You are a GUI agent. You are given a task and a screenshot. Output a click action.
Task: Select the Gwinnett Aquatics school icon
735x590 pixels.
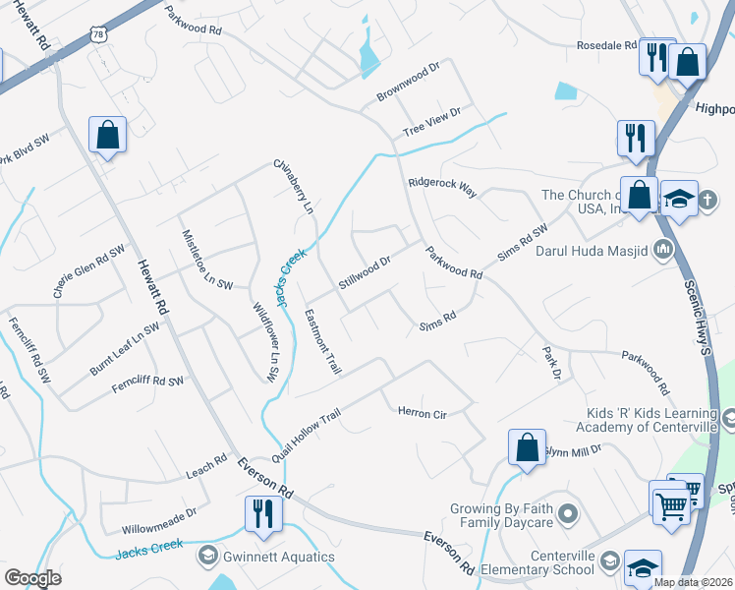tap(207, 558)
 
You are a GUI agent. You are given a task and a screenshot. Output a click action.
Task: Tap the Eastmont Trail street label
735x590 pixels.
tap(322, 342)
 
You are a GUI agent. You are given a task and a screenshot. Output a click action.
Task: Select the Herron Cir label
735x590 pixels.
tap(422, 414)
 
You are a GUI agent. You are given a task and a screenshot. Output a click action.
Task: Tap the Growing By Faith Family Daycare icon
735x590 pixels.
tap(567, 514)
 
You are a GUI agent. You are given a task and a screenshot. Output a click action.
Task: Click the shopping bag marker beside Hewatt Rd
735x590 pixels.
tap(107, 135)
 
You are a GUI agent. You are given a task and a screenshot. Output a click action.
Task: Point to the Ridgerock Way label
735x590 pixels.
tap(442, 187)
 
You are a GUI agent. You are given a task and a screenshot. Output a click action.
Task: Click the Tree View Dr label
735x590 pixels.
tap(431, 123)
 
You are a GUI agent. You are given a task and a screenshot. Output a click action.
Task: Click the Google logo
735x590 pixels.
tap(32, 578)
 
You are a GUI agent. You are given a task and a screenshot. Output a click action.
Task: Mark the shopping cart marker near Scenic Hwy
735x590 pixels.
tap(670, 508)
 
